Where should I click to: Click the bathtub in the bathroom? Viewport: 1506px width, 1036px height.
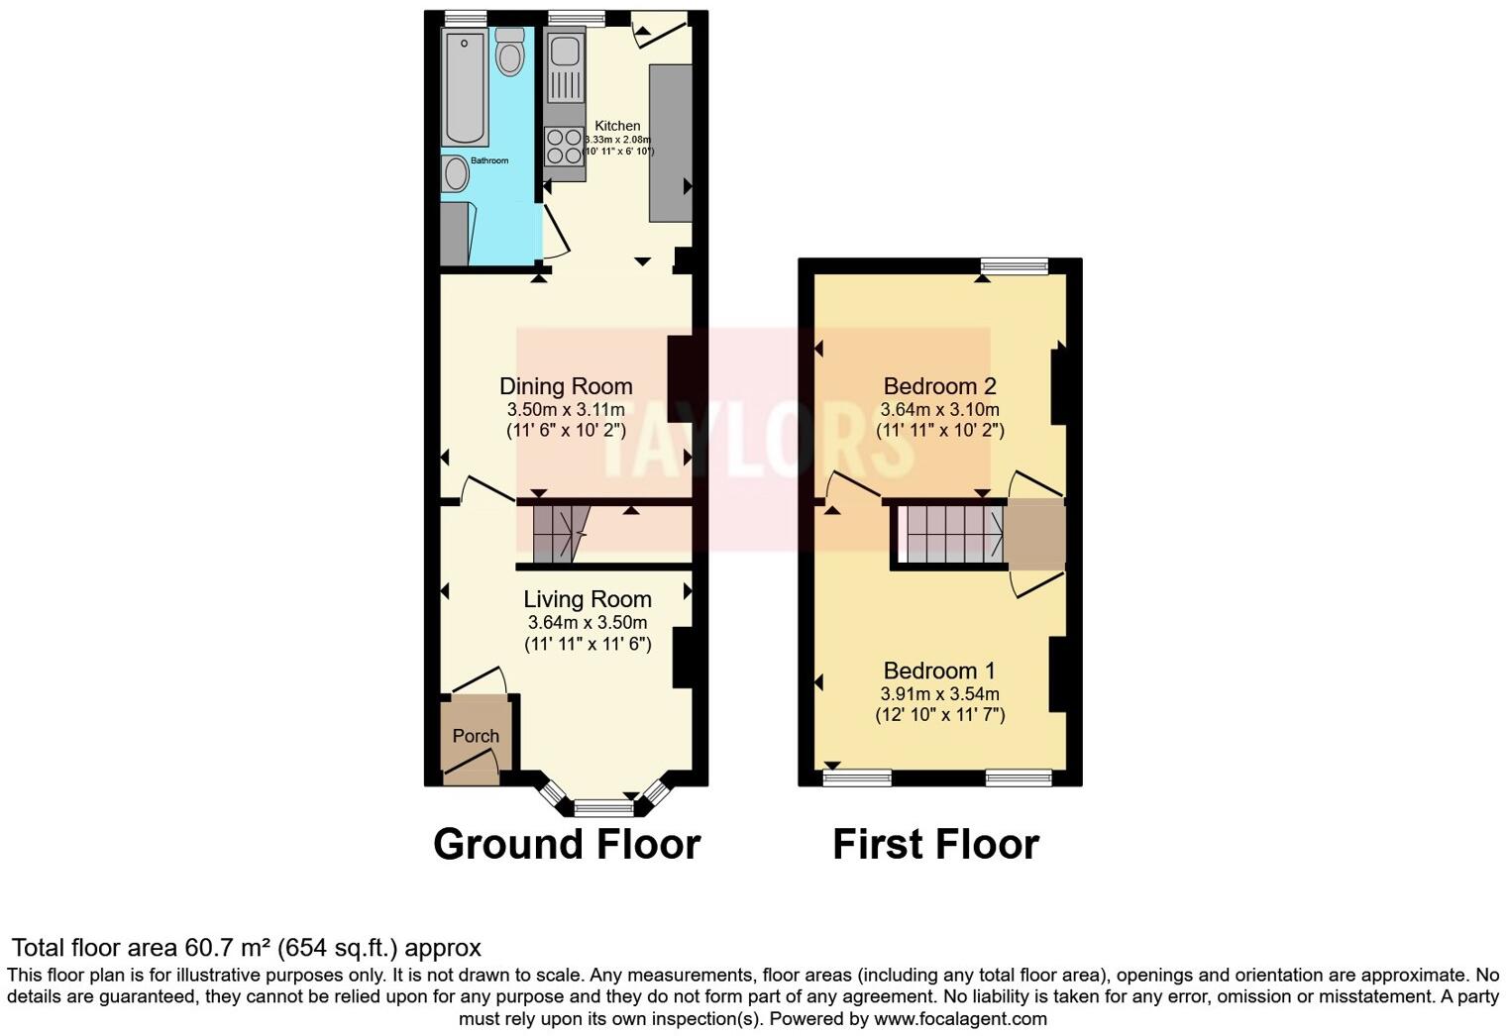coord(465,87)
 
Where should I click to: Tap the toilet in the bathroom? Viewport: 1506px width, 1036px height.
coord(509,53)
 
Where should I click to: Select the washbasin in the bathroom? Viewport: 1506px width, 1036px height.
coord(456,174)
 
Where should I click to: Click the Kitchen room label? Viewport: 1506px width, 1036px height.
coord(616,126)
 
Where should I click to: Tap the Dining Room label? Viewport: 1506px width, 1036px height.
coord(566,386)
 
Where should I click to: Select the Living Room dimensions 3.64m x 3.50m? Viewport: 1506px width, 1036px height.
coord(588,623)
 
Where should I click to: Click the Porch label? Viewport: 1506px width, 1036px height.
coord(476,736)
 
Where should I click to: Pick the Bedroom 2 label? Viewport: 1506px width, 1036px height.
coord(939,386)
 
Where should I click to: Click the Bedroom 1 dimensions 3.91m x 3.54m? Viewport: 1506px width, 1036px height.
coord(939,694)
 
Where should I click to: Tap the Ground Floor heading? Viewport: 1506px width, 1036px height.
coord(567,845)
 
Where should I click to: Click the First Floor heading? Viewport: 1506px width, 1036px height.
coord(935,845)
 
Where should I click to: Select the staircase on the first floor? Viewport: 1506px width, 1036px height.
coord(949,534)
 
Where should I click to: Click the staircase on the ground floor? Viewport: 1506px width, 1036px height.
coord(560,534)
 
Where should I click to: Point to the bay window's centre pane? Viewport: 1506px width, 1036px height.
coord(603,808)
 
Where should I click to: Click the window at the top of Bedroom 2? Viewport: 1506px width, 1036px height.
coord(1014,265)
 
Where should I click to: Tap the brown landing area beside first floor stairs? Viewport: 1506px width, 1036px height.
coord(1034,535)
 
